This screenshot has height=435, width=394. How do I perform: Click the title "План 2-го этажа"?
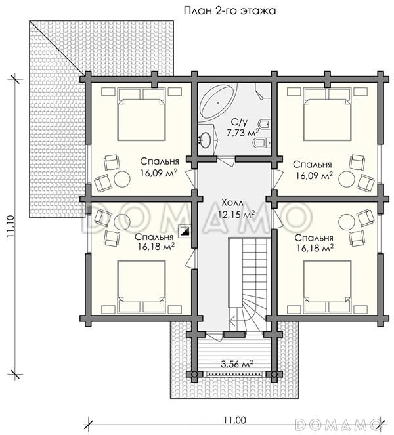click(230, 10)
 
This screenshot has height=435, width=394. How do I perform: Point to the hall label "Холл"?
click(232, 203)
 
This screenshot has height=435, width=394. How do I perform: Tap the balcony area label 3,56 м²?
click(237, 363)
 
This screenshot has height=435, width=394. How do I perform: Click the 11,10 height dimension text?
click(11, 226)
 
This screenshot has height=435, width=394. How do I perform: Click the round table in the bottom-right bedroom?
click(347, 222)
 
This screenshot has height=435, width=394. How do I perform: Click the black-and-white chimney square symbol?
click(185, 230)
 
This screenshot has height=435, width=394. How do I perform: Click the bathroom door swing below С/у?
click(227, 161)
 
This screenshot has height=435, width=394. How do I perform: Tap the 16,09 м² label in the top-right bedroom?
click(314, 176)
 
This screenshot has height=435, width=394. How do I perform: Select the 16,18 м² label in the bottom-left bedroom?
click(156, 246)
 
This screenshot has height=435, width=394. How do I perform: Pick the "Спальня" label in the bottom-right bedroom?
click(314, 238)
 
